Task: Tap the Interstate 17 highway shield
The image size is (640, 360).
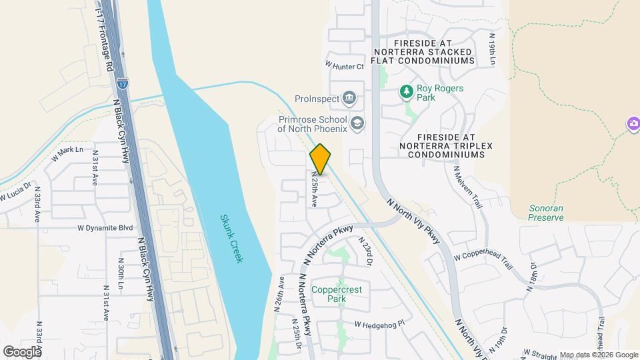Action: click(x=122, y=83)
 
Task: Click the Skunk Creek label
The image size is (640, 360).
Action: click(x=231, y=238)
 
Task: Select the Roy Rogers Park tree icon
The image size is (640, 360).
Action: click(x=405, y=91)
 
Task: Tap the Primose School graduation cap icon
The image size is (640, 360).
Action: click(x=358, y=123)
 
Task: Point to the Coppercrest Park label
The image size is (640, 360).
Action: click(x=337, y=294)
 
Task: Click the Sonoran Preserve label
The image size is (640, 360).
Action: click(x=546, y=213)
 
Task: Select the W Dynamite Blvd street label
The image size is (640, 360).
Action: click(x=105, y=228)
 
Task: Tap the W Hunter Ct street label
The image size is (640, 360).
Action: click(x=345, y=66)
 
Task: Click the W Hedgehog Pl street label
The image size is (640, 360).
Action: click(x=379, y=325)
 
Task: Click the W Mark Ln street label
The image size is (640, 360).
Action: click(x=67, y=154)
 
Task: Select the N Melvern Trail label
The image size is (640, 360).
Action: click(x=467, y=187)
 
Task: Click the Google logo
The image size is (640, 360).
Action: click(x=22, y=351)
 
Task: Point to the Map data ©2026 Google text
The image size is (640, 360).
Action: click(x=599, y=355)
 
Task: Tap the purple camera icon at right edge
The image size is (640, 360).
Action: click(x=633, y=124)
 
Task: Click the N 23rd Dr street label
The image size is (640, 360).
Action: click(x=365, y=252)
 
